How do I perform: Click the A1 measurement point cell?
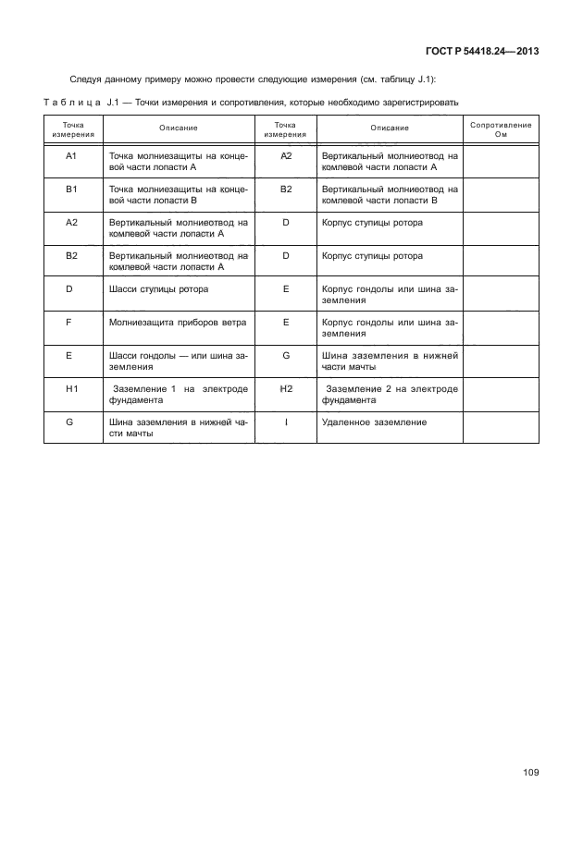71,155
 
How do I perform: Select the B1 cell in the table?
71,189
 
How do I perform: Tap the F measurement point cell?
71,322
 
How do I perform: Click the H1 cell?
71,388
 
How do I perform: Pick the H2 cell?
286,388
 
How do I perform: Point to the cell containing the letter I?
286,422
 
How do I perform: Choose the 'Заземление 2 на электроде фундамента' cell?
389,395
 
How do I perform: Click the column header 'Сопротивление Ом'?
501,129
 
